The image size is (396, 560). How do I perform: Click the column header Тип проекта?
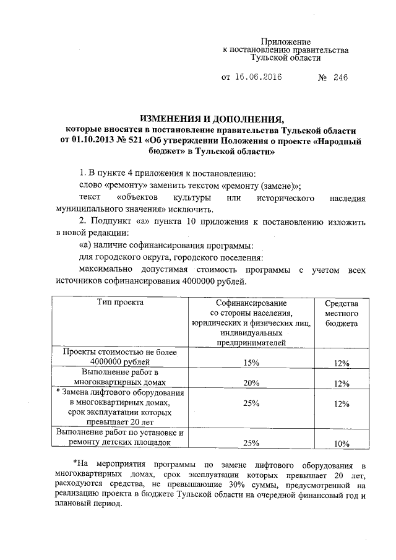tap(121, 303)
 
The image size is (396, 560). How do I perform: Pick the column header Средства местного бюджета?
tap(341, 313)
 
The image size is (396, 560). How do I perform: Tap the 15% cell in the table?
tap(251, 363)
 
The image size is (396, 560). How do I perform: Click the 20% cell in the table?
tap(251, 383)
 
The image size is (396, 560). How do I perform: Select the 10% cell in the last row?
tap(341, 443)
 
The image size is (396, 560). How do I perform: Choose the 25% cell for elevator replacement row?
tap(251, 403)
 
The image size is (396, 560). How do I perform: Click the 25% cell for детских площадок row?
tap(251, 443)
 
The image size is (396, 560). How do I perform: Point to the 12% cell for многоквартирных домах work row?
tap(341, 383)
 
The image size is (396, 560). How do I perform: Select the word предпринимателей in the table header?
tap(251, 342)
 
